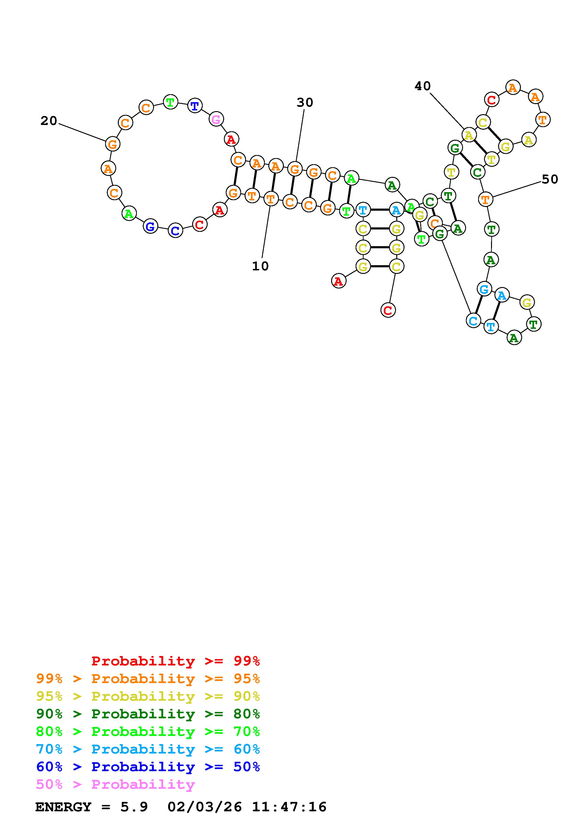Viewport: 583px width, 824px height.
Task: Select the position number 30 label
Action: pyautogui.click(x=305, y=103)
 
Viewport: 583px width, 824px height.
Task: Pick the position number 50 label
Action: pyautogui.click(x=550, y=179)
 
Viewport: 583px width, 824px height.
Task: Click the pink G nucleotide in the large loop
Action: pyautogui.click(x=216, y=119)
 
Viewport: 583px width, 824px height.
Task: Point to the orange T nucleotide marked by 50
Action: pyautogui.click(x=485, y=199)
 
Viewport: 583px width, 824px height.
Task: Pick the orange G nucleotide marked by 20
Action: pyautogui.click(x=112, y=144)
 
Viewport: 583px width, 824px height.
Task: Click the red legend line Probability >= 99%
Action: pyautogui.click(x=176, y=661)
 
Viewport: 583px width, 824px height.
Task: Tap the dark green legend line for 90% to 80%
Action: pyautogui.click(x=148, y=714)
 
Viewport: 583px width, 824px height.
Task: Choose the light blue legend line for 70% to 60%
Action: pyautogui.click(x=148, y=749)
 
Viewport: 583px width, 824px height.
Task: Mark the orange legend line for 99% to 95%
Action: pyautogui.click(x=148, y=679)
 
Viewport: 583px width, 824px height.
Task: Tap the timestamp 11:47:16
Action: pyautogui.click(x=289, y=807)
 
